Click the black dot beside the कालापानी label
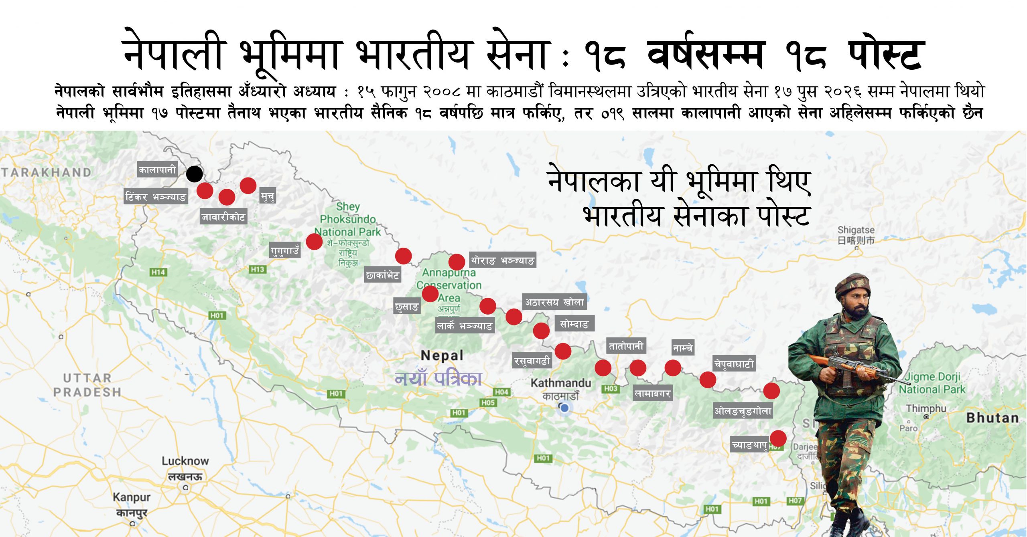[x=195, y=174]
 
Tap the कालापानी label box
[x=157, y=170]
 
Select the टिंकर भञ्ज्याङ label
[x=156, y=196]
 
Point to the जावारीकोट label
[x=223, y=217]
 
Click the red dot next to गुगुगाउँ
[x=314, y=242]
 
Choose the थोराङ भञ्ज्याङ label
[x=502, y=260]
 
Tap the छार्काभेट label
[x=383, y=275]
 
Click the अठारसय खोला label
[x=554, y=302]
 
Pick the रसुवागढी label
[x=532, y=361]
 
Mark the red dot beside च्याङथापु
[x=778, y=438]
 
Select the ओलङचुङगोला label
[x=743, y=411]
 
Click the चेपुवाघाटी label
[x=734, y=364]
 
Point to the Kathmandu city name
[x=561, y=383]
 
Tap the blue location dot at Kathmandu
[x=564, y=408]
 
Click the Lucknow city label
[x=185, y=461]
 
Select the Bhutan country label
[x=992, y=418]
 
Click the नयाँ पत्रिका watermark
[x=438, y=378]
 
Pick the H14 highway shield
[x=158, y=272]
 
